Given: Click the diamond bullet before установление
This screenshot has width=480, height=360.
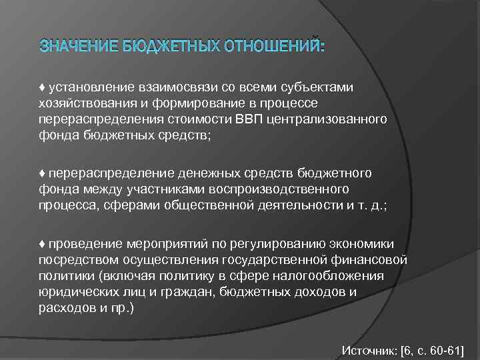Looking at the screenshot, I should click(x=42, y=88).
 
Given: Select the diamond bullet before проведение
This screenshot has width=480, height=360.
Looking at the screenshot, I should click(x=42, y=244).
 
